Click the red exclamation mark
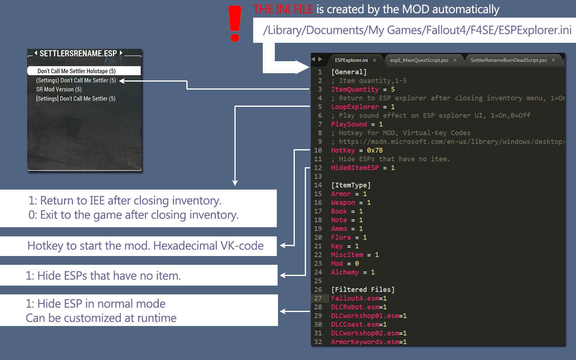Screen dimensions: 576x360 [235, 24]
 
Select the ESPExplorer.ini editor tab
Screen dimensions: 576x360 [351, 60]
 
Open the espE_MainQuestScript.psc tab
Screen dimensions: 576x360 [419, 60]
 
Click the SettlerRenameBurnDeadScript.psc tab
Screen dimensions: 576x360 [509, 60]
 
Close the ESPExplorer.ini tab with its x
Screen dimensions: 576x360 [374, 60]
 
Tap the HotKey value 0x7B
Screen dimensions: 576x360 [375, 150]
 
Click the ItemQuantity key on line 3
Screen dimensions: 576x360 [355, 89]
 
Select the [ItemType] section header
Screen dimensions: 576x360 [351, 185]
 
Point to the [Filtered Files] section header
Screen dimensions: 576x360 [363, 290]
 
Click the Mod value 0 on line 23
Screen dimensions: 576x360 [357, 264]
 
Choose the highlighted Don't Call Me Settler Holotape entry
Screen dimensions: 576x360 [84, 71]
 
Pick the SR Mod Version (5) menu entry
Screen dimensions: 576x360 [59, 90]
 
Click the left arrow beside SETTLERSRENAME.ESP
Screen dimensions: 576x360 [36, 53]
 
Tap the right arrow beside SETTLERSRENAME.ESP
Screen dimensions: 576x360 [121, 53]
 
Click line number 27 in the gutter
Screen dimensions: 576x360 [318, 298]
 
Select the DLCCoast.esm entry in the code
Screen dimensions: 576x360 [355, 324]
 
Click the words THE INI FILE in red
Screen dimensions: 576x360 [283, 9]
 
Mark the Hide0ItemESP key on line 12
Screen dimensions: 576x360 [355, 168]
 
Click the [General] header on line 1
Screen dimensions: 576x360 [349, 72]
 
